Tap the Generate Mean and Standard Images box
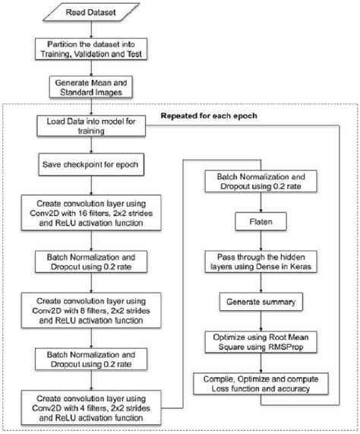pos(93,90)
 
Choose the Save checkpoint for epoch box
pos(93,163)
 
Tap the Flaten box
pos(261,224)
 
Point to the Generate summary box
pos(261,302)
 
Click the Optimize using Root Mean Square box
pos(261,341)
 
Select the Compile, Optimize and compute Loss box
pos(261,384)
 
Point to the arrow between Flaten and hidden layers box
pos(261,241)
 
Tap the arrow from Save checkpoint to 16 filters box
pos(93,185)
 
